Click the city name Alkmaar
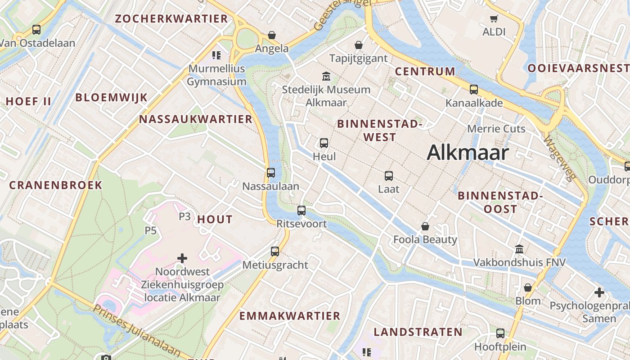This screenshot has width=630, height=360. coord(468,153)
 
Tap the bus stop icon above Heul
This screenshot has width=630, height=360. coord(324,144)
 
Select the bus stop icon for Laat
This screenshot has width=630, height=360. coord(389,176)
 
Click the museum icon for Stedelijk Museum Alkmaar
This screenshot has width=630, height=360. coord(326,76)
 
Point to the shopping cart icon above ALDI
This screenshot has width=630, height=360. coord(494,19)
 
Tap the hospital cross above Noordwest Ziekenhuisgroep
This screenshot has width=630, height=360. coord(182,258)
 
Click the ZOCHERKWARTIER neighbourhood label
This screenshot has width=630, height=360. coord(171,19)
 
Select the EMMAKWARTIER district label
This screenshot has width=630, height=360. coord(289,316)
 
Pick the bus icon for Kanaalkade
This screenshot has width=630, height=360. coord(474,90)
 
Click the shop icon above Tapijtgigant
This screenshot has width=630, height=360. coord(359,45)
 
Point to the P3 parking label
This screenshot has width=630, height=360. coord(185,216)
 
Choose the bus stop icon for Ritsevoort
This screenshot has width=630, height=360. coord(301,210)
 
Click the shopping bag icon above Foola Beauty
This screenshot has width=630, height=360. coord(425,226)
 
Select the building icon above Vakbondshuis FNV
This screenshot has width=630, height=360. coord(519,249)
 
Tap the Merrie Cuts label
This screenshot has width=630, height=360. coord(496,129)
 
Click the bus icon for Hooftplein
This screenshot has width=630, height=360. coord(500,333)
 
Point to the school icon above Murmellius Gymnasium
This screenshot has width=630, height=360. coord(216,55)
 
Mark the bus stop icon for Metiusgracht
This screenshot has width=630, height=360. coord(275,252)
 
